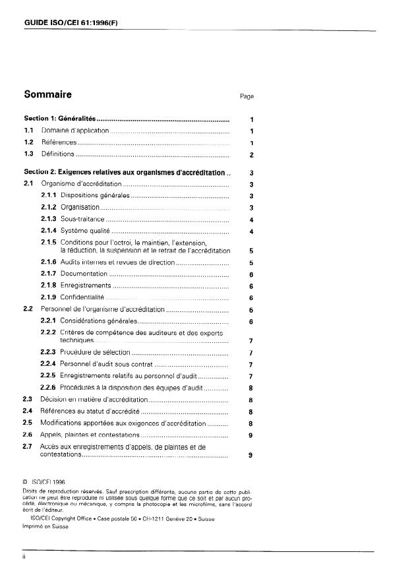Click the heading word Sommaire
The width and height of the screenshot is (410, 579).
pos(47,94)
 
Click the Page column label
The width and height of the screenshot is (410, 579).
pos(247,96)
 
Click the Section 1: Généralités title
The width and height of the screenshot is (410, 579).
pos(59,119)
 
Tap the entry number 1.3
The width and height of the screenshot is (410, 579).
pos(29,154)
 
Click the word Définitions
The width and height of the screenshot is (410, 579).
pos(57,154)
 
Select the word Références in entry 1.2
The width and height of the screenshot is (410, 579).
pos(59,142)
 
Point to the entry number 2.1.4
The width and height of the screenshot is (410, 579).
pos(49,231)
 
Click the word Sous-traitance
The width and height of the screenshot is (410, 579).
pos(82,220)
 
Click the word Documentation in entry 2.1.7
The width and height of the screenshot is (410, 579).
pos(84,274)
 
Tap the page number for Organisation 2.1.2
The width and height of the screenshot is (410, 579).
pos(252,208)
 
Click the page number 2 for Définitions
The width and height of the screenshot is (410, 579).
pos(252,155)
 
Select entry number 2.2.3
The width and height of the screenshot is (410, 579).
pos(49,352)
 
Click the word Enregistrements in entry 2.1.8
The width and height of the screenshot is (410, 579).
pos(86,286)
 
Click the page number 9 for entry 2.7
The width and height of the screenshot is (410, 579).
pos(252,455)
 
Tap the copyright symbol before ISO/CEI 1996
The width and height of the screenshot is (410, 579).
pos(25,482)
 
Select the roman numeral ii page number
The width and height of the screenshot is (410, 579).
pos(24,557)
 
